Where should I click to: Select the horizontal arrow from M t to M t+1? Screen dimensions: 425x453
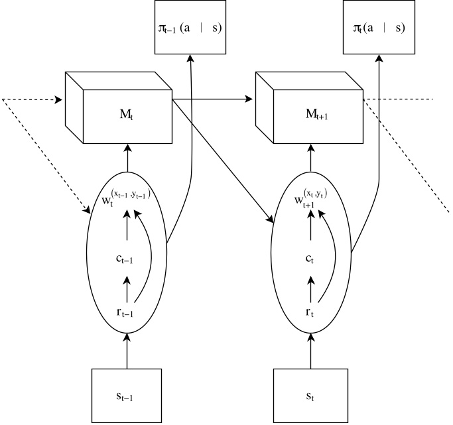coord(212,99)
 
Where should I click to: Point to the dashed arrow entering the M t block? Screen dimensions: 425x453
coord(33,100)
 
